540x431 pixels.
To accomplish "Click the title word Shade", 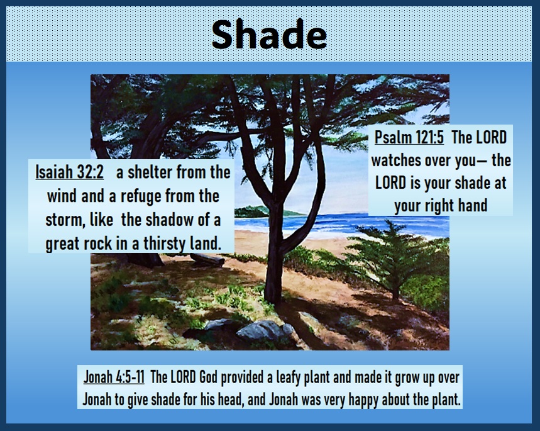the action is tap(269, 35).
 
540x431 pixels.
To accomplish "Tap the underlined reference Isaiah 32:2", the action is tap(69, 172).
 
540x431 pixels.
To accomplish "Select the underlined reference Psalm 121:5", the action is tap(409, 137).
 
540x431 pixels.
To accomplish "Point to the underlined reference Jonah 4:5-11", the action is tap(114, 377).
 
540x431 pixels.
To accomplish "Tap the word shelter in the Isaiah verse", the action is tap(149, 172).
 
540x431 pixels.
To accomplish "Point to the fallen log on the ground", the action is tap(207, 259).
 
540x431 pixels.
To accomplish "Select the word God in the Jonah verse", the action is tap(208, 378).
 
